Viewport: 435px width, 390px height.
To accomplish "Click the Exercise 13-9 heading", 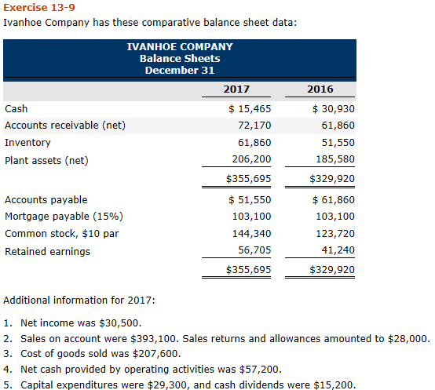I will (32, 7).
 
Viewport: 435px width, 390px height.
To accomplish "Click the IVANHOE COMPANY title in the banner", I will (180, 46).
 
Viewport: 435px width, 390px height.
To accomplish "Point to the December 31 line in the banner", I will (180, 70).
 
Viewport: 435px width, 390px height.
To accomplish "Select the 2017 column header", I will (238, 89).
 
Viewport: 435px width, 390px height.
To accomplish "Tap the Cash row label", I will (16, 109).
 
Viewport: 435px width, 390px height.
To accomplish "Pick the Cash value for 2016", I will (333, 109).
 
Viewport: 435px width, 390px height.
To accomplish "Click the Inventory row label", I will (27, 143).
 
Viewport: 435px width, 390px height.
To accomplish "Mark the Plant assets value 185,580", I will (334, 160).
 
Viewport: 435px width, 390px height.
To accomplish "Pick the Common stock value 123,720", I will (334, 234).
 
